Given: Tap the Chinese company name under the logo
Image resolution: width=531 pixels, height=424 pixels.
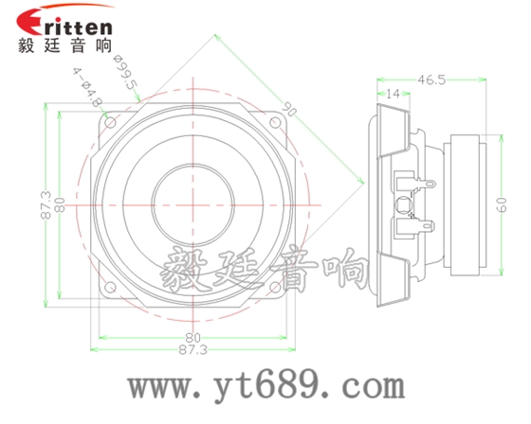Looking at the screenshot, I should coord(64,44).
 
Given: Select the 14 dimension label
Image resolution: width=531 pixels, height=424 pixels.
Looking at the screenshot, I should coord(393,95).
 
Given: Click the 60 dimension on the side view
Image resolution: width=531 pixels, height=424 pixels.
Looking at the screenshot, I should coord(503,202).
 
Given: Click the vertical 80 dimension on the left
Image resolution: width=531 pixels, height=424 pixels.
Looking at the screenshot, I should coord(59,203).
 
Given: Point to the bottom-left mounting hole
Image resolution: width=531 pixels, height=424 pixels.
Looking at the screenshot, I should coord(112,285).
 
